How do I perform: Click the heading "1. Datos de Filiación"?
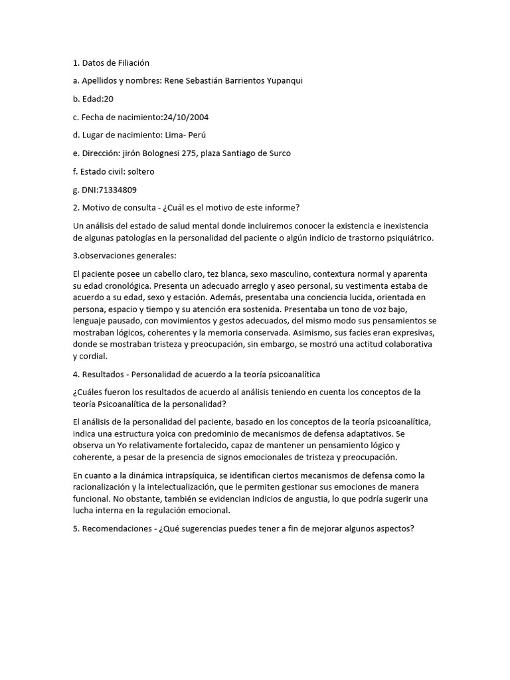click(111, 63)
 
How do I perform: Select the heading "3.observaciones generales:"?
click(125, 256)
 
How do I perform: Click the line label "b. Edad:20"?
click(94, 99)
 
